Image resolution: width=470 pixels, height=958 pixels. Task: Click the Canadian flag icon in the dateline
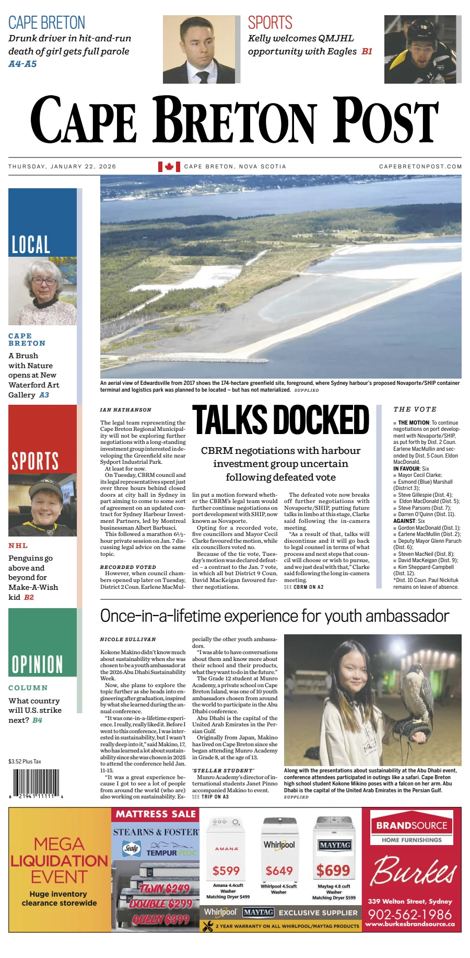pos(169,166)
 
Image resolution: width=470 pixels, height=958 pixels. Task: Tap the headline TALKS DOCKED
pos(281,419)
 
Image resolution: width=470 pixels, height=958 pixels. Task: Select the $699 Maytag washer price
pos(333,870)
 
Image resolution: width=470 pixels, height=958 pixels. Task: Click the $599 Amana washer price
pos(226,870)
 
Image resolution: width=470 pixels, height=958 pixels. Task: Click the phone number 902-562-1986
pos(409,914)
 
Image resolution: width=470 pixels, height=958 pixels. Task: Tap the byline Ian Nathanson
pos(126,410)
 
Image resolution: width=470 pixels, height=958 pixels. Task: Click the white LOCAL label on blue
pos(31,244)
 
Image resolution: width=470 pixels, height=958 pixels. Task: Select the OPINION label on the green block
pos(37,664)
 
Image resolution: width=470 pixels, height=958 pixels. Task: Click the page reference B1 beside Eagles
pos(367,51)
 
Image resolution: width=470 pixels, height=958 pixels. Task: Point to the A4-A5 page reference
pos(22,64)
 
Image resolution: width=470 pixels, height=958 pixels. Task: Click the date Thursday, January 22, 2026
pos(62,166)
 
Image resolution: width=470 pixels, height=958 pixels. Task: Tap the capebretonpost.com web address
pos(420,166)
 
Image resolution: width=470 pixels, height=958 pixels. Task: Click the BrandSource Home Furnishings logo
pos(412,830)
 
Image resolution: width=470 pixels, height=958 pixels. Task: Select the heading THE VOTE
pos(415,409)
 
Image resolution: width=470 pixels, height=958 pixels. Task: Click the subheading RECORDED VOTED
pos(128,567)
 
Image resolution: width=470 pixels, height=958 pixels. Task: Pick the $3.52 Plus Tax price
pos(25,761)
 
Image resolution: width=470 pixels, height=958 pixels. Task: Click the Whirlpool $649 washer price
pos(279,870)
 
